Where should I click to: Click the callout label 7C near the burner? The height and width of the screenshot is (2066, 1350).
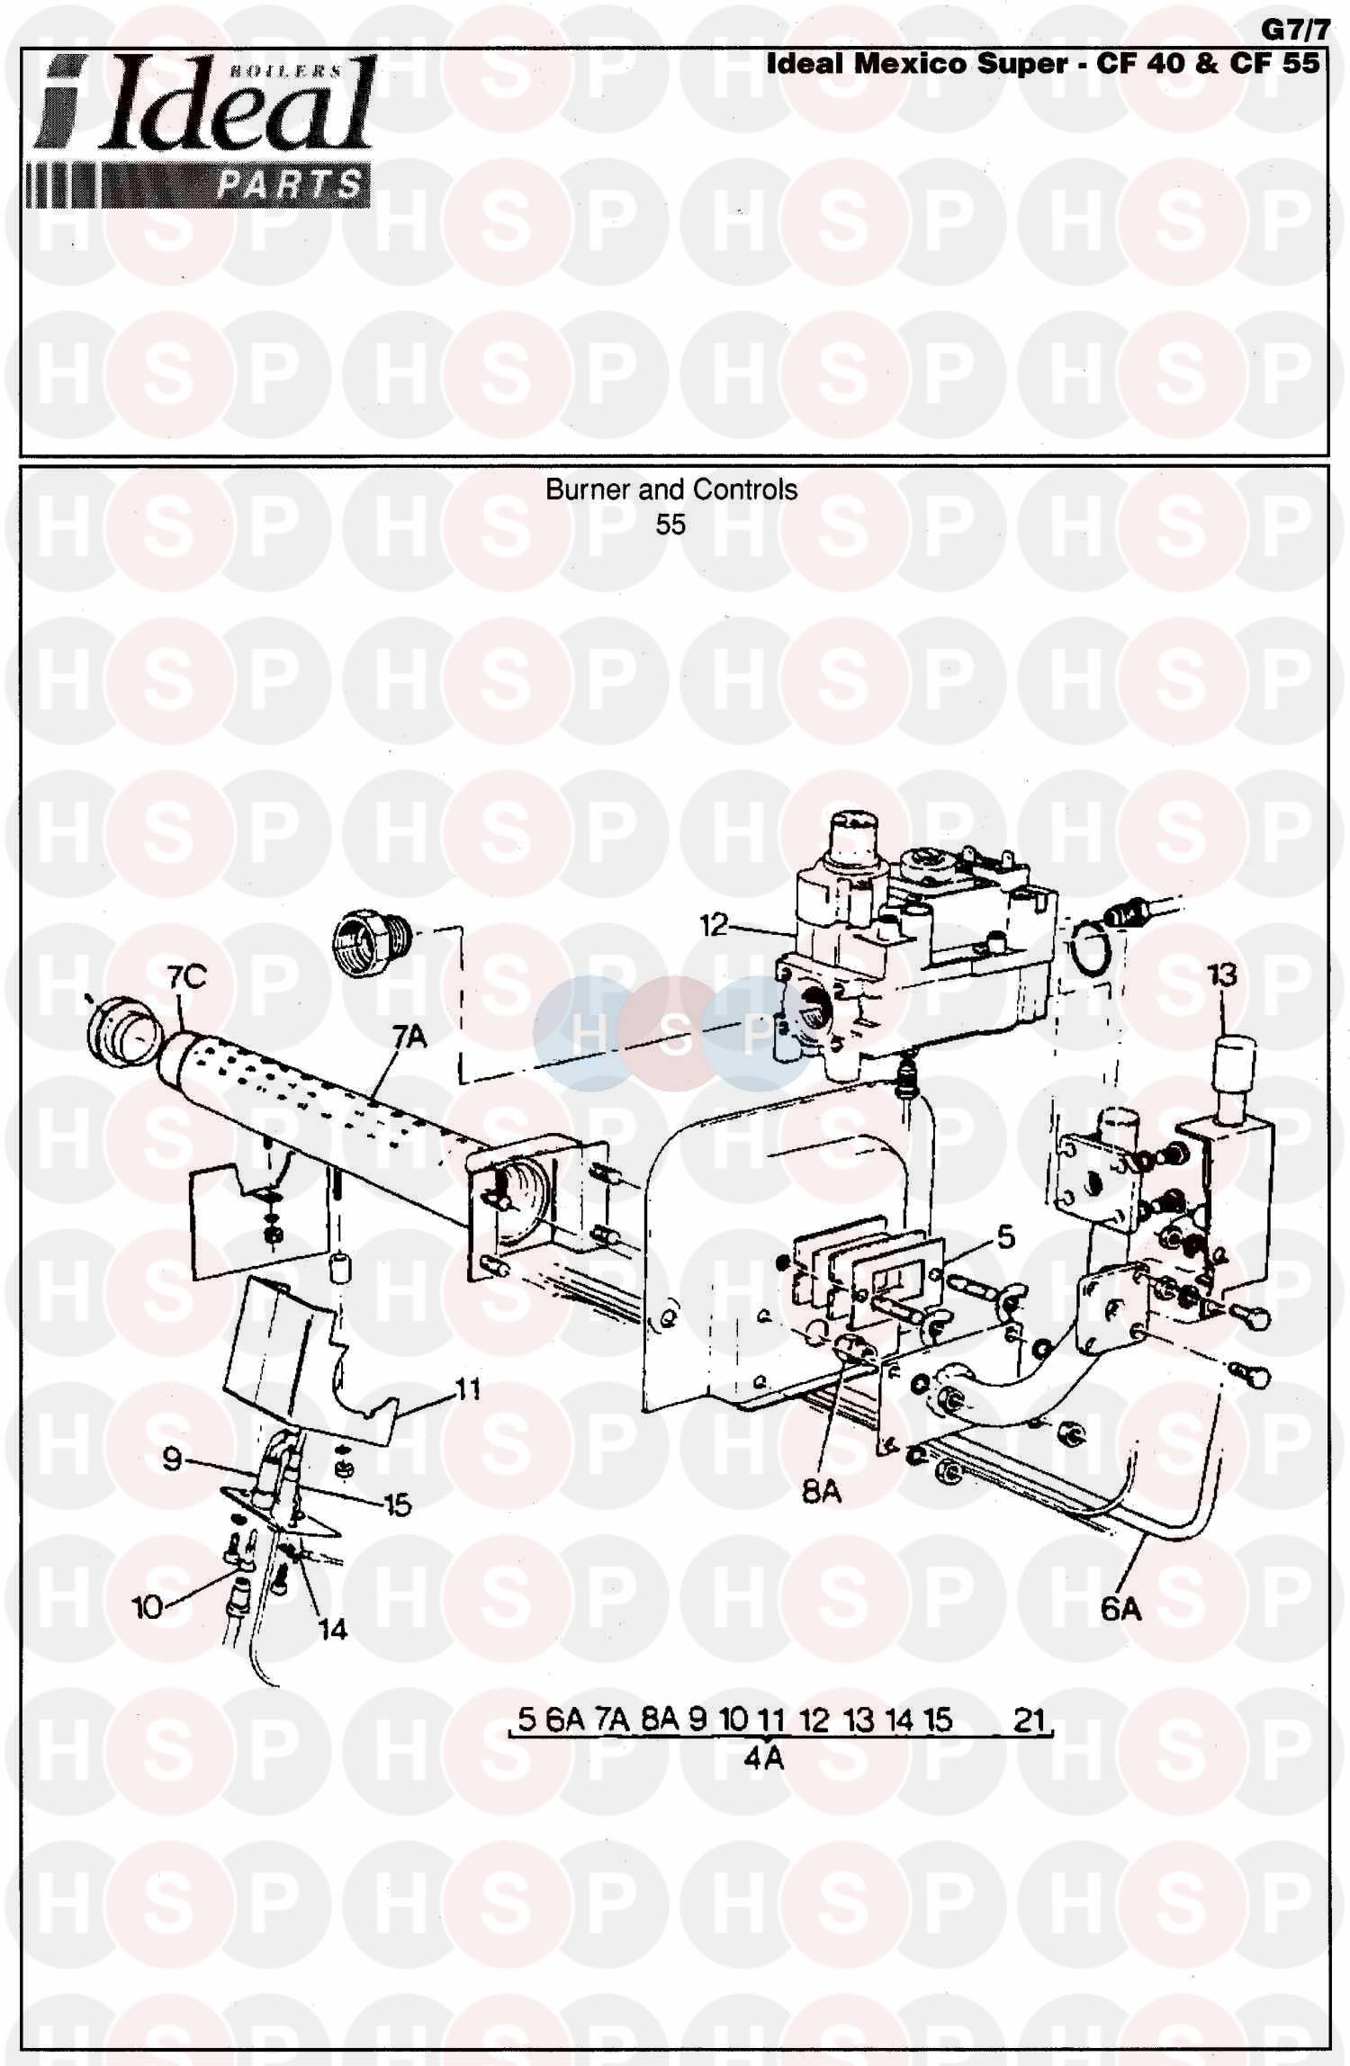click(187, 977)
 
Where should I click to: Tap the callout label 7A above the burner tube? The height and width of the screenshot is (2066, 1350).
click(409, 1037)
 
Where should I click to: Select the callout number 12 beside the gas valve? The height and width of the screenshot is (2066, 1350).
click(714, 924)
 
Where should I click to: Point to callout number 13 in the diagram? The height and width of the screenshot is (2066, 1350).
click(1222, 975)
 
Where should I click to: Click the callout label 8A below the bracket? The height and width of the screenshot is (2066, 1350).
click(821, 1492)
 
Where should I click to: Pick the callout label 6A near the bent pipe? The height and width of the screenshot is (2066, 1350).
click(1121, 1608)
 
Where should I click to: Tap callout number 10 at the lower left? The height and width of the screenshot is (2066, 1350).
click(148, 1607)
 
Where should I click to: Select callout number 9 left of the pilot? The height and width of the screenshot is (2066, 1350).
click(173, 1459)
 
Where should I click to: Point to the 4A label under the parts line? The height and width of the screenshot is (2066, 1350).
click(763, 1757)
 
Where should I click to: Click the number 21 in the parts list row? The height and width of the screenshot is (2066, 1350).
click(1028, 1720)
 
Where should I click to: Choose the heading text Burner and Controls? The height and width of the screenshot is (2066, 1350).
click(671, 490)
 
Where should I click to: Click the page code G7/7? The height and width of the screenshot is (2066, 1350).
click(1294, 30)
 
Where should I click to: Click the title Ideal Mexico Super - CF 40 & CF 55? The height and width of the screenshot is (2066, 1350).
click(1042, 63)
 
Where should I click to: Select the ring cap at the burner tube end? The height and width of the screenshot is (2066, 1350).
click(124, 1033)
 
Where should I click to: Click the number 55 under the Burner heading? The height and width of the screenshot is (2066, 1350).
click(670, 525)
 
